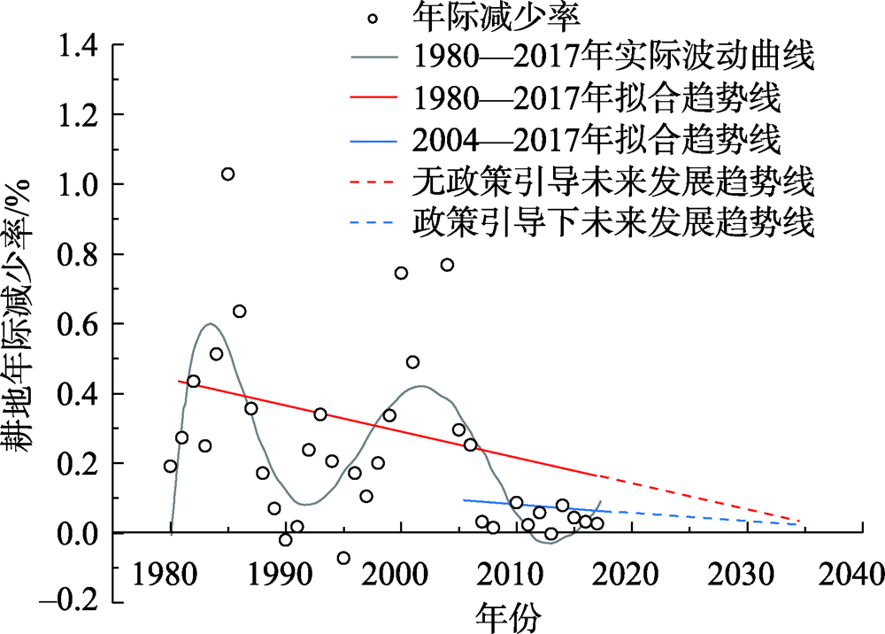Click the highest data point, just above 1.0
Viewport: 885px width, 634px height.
(227, 174)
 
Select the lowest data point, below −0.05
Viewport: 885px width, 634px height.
(343, 558)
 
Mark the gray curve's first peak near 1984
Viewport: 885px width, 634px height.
(209, 324)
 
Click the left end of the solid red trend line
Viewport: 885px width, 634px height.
(179, 381)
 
